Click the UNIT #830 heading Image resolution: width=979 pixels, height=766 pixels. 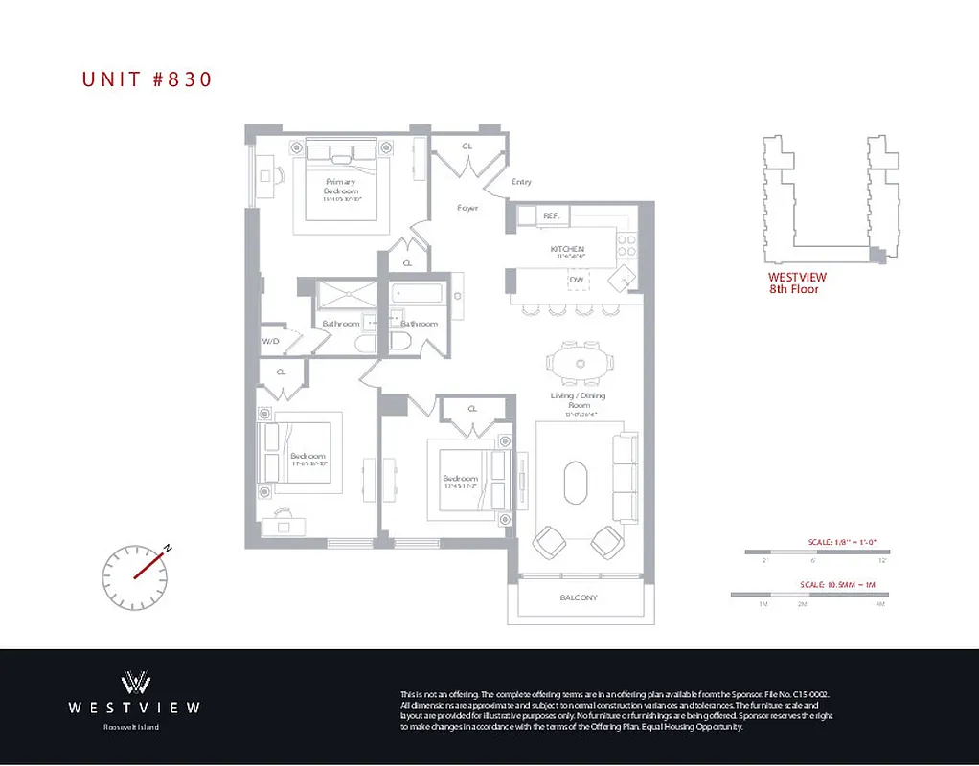[147, 79]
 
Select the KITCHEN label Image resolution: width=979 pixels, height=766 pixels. [567, 249]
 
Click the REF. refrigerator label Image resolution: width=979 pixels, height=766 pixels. [551, 216]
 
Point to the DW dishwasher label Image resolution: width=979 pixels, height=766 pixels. [576, 280]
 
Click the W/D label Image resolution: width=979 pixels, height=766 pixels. [270, 341]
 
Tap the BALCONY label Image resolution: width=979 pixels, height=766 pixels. [578, 598]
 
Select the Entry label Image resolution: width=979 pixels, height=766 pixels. [521, 182]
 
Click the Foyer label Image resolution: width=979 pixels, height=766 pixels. [467, 208]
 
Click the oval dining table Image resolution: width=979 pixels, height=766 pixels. [581, 364]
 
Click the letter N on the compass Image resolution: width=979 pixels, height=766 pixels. [168, 549]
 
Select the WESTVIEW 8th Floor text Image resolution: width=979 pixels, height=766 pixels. [796, 282]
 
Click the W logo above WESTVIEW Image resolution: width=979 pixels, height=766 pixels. [134, 682]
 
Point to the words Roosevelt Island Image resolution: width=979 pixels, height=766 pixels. [132, 728]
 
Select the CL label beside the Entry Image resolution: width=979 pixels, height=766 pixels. [467, 146]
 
